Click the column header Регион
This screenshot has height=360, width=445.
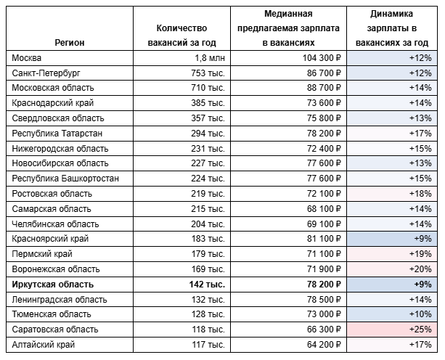tap(70, 42)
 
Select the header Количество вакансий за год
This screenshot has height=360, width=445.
tap(187, 35)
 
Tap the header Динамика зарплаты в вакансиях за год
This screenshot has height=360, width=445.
tap(393, 28)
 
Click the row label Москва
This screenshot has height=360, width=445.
tap(28, 57)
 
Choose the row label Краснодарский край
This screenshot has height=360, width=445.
tap(53, 103)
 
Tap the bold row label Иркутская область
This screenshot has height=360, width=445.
tap(53, 285)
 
